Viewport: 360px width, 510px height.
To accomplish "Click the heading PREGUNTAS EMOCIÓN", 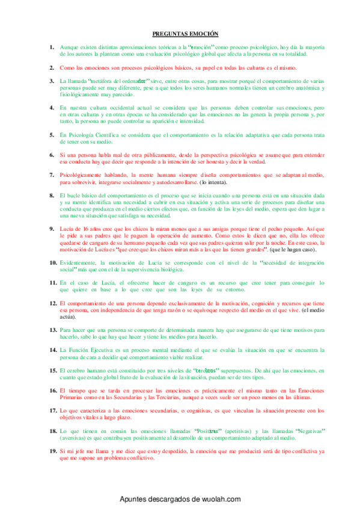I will tap(185, 34).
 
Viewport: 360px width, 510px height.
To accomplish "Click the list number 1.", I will tap(52, 47).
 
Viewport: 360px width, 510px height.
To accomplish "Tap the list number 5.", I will tap(52, 136).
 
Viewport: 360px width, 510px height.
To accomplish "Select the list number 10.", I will tap(53, 262).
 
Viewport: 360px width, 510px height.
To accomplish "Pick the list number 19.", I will tap(53, 451).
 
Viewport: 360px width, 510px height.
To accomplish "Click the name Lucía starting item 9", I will tap(68, 229).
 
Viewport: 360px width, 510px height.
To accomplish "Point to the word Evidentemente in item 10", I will tap(81, 262).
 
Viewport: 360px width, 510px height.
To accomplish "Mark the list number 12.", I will tap(53, 304).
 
